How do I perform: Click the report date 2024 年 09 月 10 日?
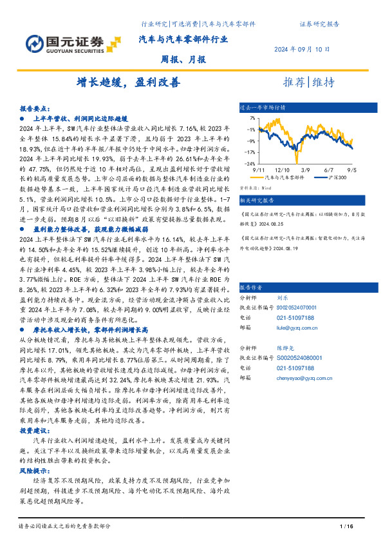click(x=301, y=49)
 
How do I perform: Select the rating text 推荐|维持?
click(x=309, y=83)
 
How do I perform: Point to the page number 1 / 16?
click(x=346, y=528)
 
